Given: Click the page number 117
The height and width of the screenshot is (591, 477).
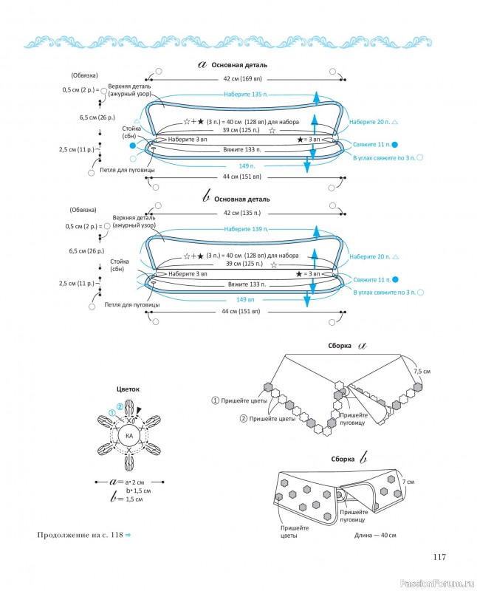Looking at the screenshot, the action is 439,557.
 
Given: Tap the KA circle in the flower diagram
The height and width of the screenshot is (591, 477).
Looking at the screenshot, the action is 129,436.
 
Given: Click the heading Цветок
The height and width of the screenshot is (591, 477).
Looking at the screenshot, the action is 128,389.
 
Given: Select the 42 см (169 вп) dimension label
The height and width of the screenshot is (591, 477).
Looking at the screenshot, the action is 242,79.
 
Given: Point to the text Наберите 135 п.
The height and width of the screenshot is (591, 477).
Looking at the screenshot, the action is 246,95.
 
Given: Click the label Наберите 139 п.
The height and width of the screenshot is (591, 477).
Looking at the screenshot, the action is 246,229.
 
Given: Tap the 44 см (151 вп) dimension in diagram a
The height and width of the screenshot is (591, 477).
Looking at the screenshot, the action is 242,177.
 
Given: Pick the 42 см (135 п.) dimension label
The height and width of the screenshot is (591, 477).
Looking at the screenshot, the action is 242,213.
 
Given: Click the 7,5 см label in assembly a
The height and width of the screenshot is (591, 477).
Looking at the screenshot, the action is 422,372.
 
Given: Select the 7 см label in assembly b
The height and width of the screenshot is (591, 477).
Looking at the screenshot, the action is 408,482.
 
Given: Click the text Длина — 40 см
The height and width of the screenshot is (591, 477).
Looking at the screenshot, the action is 375,535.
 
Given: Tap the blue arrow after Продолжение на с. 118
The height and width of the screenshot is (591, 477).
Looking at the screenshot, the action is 128,535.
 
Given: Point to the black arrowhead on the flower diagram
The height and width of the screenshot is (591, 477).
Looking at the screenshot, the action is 140,411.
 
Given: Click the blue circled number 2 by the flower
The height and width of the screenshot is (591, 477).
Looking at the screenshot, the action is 120,407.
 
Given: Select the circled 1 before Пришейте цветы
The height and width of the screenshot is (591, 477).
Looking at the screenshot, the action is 215,400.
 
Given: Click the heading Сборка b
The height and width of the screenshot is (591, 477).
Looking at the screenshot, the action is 349,458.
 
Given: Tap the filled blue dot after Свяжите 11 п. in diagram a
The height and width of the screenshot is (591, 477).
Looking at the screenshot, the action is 395,144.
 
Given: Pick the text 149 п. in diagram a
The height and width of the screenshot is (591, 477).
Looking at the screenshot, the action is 247,165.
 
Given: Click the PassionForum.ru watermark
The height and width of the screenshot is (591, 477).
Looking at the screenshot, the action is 436,584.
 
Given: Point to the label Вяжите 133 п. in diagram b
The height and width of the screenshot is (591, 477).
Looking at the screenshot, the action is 247,284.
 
